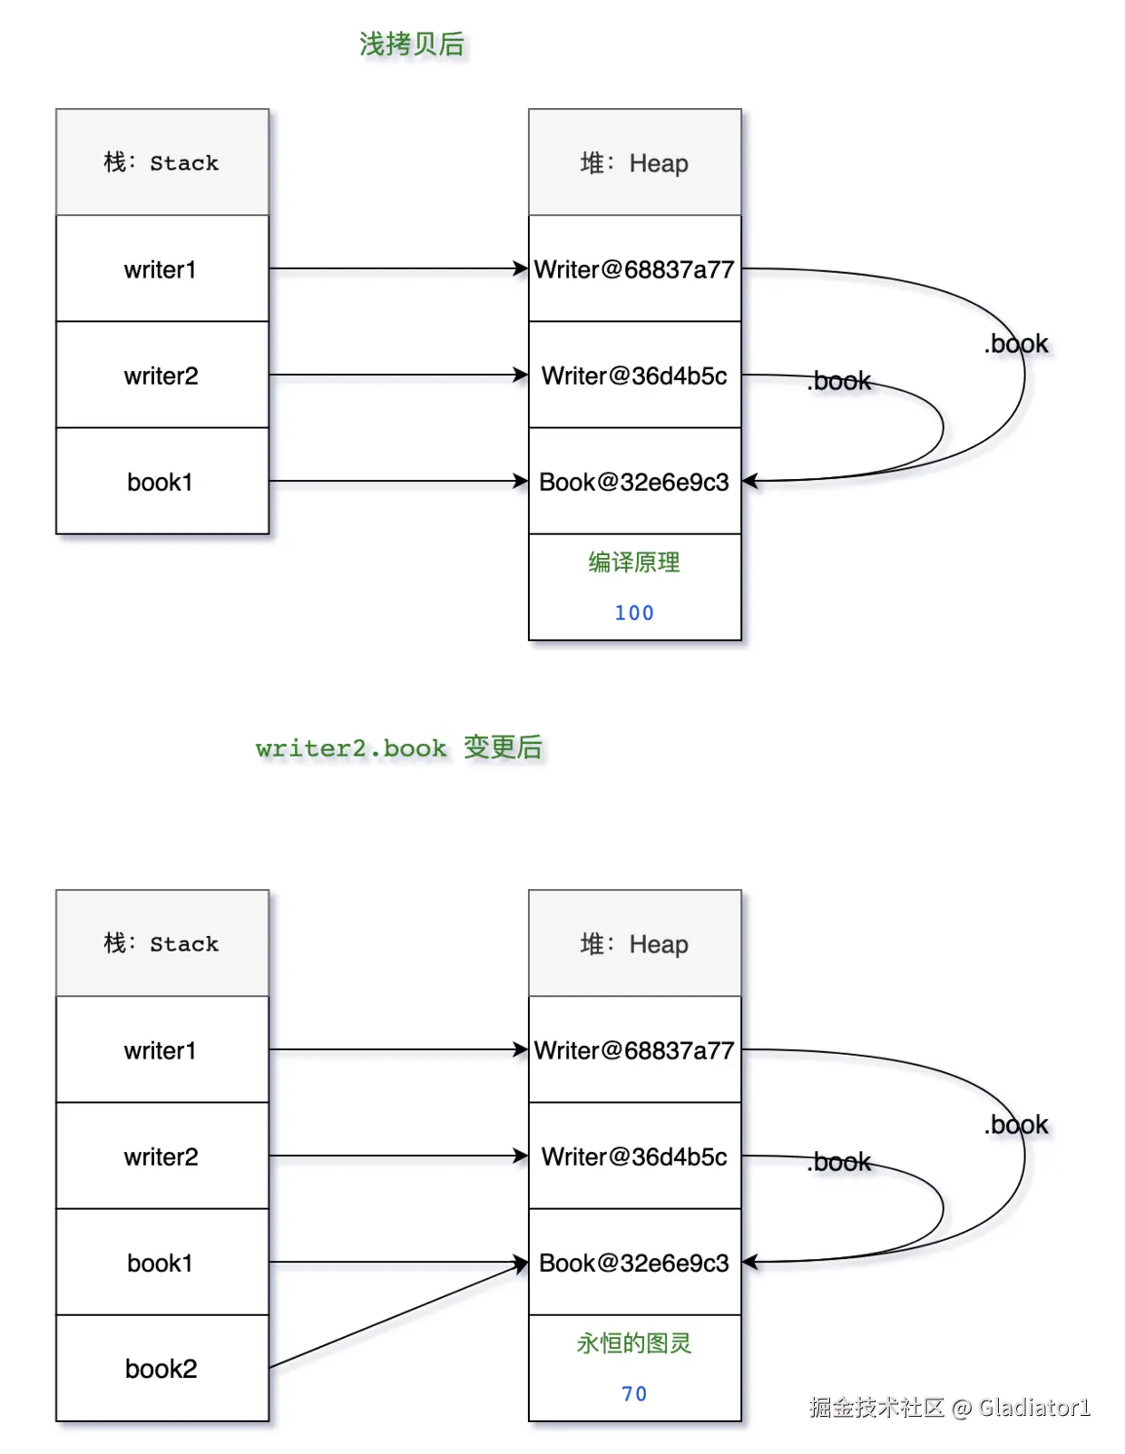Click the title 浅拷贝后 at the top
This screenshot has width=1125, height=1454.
(x=412, y=44)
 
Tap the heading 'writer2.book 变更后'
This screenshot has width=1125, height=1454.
(x=399, y=748)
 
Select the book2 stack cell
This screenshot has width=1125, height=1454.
(x=161, y=1368)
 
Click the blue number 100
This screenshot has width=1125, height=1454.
(x=634, y=613)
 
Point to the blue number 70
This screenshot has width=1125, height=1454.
(x=634, y=1393)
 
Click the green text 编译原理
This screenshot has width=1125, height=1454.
(x=634, y=562)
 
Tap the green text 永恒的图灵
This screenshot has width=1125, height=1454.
(x=634, y=1343)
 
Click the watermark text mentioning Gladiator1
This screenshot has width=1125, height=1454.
(x=949, y=1407)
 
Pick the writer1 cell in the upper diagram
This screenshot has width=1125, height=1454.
(x=161, y=269)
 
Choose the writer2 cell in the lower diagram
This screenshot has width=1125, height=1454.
(x=161, y=1156)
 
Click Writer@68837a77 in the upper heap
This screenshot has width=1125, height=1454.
(x=634, y=269)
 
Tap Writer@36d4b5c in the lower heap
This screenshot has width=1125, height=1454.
(x=634, y=1156)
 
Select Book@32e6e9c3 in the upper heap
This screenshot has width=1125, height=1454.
(x=634, y=482)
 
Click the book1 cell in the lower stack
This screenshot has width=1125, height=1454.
(x=161, y=1263)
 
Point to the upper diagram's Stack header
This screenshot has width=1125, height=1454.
(x=161, y=163)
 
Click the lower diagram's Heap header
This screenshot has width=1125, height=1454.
(x=634, y=944)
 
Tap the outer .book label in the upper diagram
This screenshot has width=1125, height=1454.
(x=1016, y=344)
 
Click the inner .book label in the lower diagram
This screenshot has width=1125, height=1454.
(x=839, y=1162)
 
